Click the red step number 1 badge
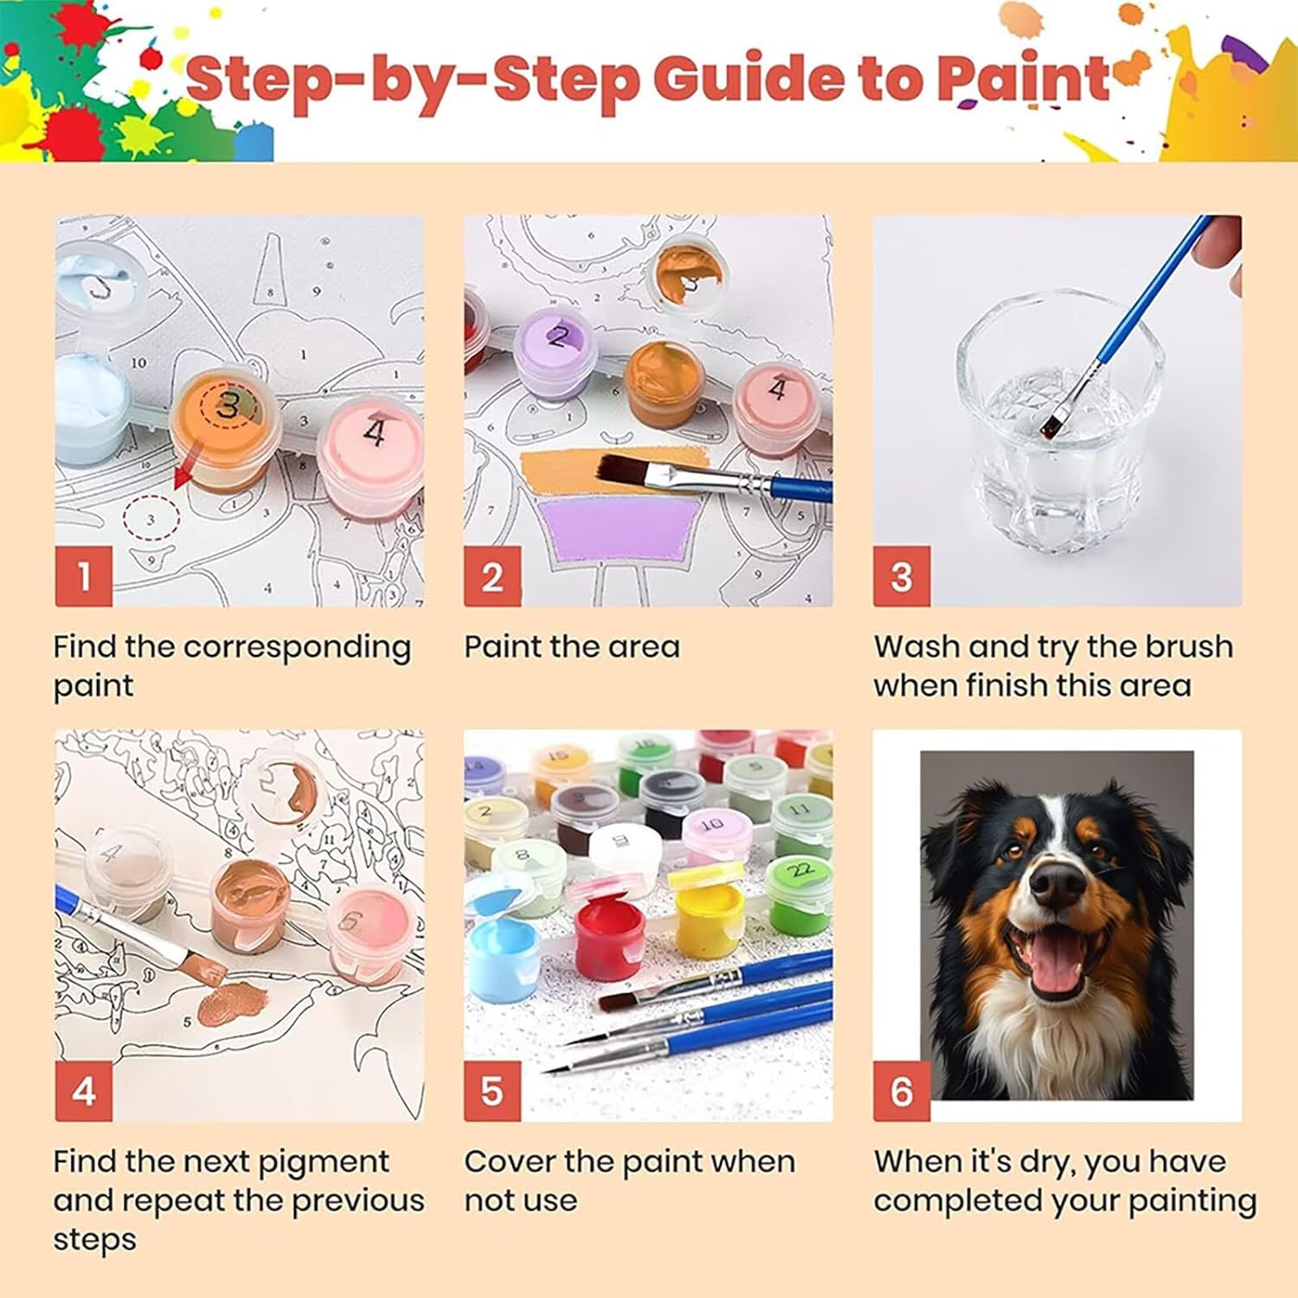click(84, 576)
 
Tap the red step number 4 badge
click(84, 1091)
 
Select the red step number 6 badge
click(902, 1091)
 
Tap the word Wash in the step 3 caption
click(917, 646)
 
